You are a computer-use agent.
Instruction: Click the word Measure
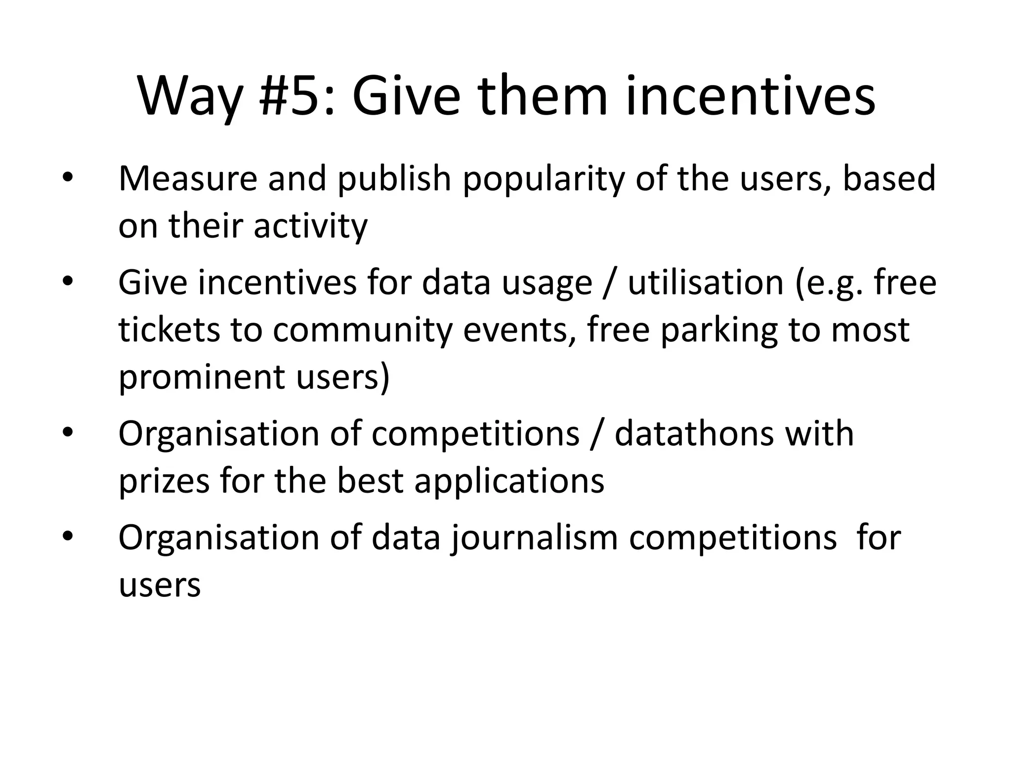coord(188,178)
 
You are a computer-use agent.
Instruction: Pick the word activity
coord(310,227)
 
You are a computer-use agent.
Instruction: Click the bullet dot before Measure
coord(68,178)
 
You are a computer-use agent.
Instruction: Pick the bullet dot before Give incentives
coord(68,282)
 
